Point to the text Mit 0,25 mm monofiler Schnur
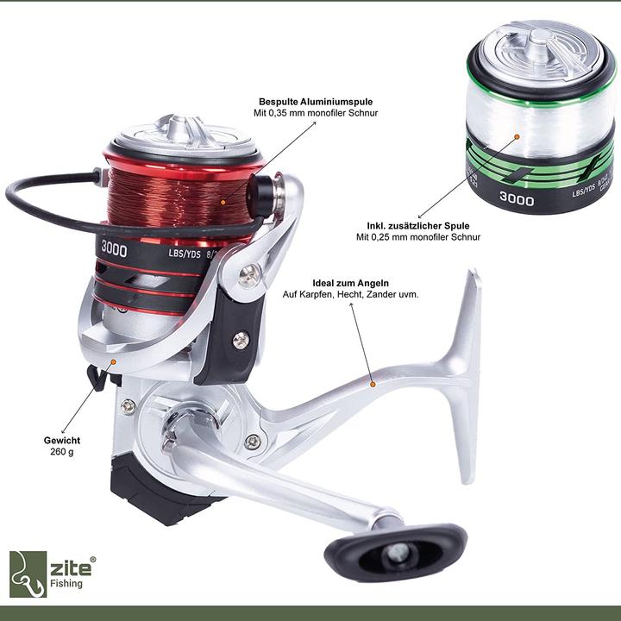tap(418, 237)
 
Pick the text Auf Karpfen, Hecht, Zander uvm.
tap(351, 295)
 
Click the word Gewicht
tap(62, 440)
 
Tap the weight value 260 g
tap(62, 451)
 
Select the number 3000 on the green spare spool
tap(516, 199)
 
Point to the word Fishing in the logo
tap(66, 584)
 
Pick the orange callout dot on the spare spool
tap(516, 136)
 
